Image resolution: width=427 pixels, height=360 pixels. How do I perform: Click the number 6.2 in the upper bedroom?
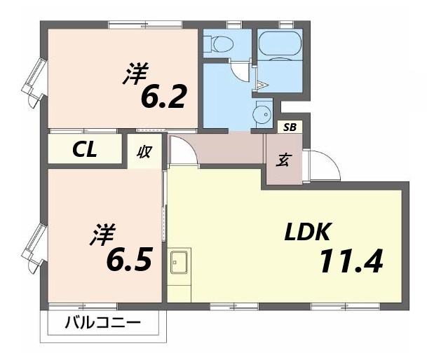pos(163,97)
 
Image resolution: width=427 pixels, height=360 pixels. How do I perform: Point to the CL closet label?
pos(85,149)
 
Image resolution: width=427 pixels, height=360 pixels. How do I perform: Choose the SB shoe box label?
pos(289,127)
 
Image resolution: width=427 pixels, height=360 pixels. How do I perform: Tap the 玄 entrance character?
pos(283,160)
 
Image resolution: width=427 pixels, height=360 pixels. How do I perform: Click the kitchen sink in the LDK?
pos(178,263)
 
